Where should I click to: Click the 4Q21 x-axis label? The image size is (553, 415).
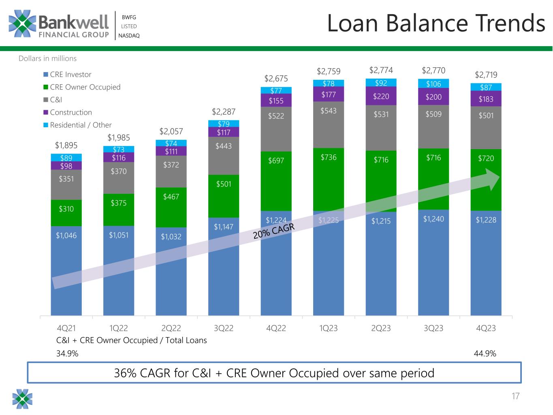click(x=66, y=328)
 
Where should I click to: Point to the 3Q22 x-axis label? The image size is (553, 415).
click(x=224, y=328)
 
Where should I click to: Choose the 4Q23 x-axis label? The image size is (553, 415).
click(x=486, y=328)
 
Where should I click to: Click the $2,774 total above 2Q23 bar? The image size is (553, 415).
click(x=381, y=71)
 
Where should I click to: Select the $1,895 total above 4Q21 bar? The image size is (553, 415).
click(x=66, y=145)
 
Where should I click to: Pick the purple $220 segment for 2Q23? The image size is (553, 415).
click(x=381, y=96)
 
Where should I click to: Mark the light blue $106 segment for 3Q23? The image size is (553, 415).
click(x=433, y=83)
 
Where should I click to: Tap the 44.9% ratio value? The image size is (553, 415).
click(x=485, y=354)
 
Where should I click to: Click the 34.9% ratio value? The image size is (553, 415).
click(x=67, y=354)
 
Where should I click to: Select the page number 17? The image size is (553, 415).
click(x=515, y=396)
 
